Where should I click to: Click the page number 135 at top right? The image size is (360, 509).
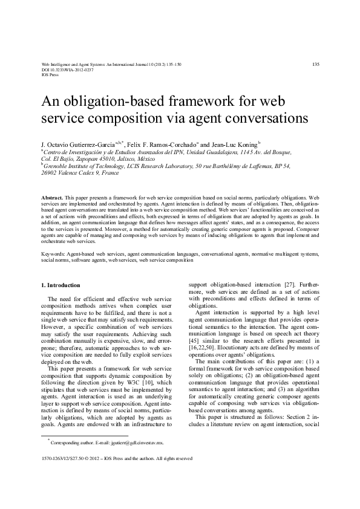pos(315,63)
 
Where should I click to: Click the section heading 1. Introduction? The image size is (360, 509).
pos(61,285)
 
